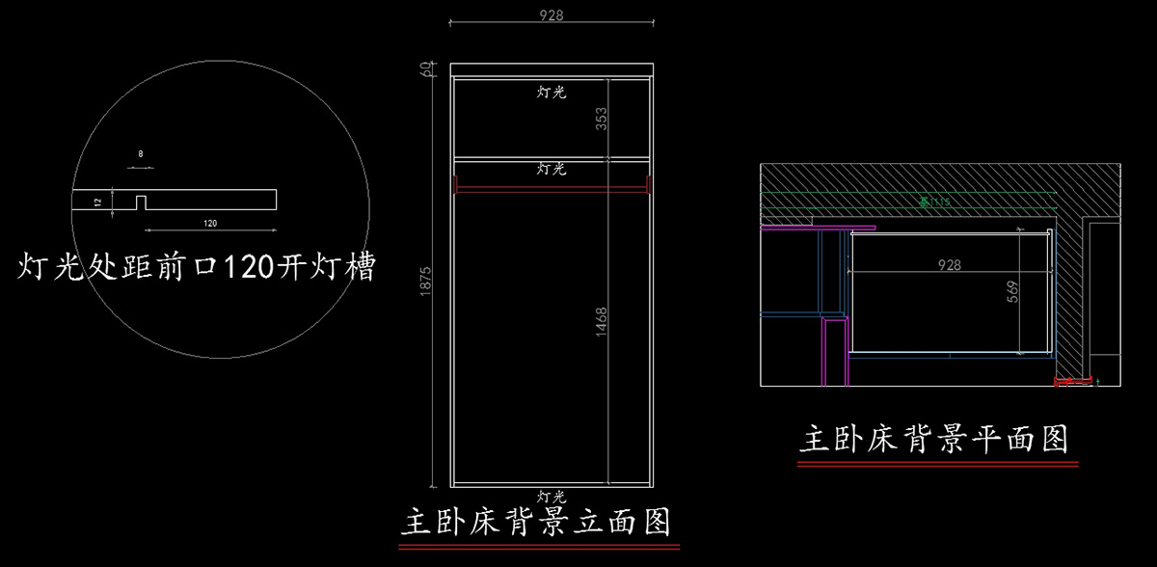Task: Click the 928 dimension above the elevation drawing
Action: (x=552, y=15)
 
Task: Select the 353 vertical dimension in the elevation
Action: (x=602, y=118)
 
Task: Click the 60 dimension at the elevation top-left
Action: (x=424, y=69)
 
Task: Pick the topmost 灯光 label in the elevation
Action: (x=552, y=93)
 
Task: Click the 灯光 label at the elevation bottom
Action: (x=552, y=496)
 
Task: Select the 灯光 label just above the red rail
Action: (x=552, y=169)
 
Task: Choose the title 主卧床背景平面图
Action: (x=934, y=440)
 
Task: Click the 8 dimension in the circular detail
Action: (x=141, y=154)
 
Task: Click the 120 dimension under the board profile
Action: (x=210, y=223)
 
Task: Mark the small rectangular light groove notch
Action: (x=141, y=203)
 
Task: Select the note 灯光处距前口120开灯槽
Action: (x=197, y=266)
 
